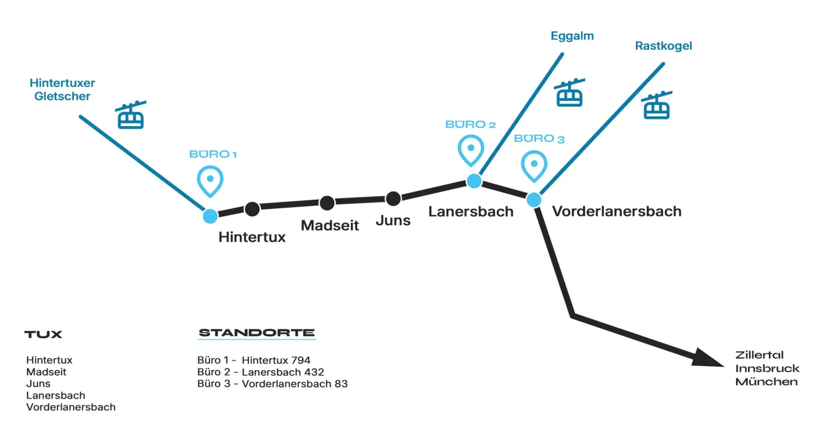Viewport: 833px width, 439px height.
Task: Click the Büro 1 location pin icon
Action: click(210, 181)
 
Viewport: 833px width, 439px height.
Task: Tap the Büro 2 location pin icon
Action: click(471, 150)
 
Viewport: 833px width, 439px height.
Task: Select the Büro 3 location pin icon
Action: click(534, 166)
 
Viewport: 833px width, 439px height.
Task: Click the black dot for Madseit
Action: click(327, 203)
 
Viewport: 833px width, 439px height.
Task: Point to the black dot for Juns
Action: click(393, 199)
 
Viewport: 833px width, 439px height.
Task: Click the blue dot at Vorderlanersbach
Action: click(534, 200)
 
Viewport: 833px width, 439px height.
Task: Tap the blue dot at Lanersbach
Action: click(474, 181)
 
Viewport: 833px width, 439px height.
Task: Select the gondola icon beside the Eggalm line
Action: click(569, 92)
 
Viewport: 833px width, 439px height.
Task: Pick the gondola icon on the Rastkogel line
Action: click(656, 105)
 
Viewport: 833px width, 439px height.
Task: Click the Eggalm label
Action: click(572, 36)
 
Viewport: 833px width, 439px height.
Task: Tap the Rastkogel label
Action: click(663, 46)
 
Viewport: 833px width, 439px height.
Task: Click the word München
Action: click(766, 382)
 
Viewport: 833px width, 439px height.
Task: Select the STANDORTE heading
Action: click(257, 333)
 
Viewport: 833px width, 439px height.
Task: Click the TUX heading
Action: click(43, 334)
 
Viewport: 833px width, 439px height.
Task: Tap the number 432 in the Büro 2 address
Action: click(314, 372)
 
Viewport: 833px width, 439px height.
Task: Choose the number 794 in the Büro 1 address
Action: click(300, 360)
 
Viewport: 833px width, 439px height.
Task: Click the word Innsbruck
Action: click(767, 368)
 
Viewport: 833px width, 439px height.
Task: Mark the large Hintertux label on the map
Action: click(252, 237)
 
